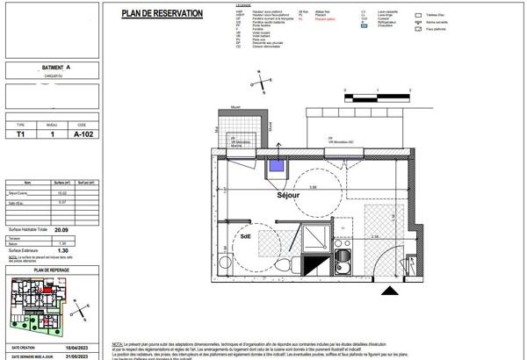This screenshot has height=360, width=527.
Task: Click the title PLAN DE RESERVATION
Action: coord(162,13)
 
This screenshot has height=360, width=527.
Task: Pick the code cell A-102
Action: coord(82,135)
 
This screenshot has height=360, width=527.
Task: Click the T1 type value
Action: coord(21,135)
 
